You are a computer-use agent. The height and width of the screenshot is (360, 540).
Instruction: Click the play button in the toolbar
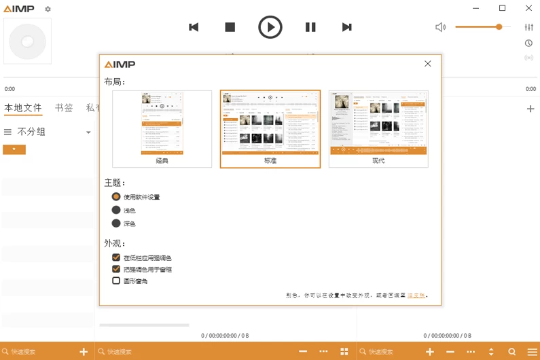pyautogui.click(x=270, y=27)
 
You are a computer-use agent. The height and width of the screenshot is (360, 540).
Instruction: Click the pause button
pyautogui.click(x=310, y=27)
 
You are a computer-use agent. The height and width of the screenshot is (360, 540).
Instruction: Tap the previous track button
pyautogui.click(x=194, y=27)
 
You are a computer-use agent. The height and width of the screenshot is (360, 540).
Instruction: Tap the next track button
pyautogui.click(x=346, y=27)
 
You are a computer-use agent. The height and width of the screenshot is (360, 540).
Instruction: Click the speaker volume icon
pyautogui.click(x=440, y=27)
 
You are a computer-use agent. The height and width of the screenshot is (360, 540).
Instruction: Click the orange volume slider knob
pyautogui.click(x=499, y=26)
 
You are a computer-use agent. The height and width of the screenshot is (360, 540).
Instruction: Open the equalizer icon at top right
pyautogui.click(x=529, y=27)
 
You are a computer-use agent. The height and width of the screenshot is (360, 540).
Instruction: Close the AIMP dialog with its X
pyautogui.click(x=428, y=64)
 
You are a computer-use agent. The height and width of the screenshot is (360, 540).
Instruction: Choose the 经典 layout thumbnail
pyautogui.click(x=162, y=128)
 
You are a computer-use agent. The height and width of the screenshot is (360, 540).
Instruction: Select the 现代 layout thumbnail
pyautogui.click(x=378, y=128)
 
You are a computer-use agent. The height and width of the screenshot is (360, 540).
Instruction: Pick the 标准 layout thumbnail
pyautogui.click(x=270, y=128)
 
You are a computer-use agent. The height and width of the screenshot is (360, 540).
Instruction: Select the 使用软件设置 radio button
pyautogui.click(x=116, y=196)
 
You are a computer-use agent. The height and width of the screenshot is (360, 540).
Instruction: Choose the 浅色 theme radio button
pyautogui.click(x=116, y=210)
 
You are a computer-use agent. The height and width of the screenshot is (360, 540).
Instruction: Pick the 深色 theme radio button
pyautogui.click(x=116, y=223)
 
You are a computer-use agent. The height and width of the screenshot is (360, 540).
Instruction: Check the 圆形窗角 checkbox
pyautogui.click(x=116, y=281)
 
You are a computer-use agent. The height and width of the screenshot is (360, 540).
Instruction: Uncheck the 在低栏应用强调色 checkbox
pyautogui.click(x=116, y=257)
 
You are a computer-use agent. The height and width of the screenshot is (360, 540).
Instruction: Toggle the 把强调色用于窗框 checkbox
pyautogui.click(x=116, y=269)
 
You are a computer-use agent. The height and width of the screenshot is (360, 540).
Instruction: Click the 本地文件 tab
pyautogui.click(x=23, y=107)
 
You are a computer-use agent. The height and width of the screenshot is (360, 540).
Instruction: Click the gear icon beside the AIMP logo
pyautogui.click(x=48, y=9)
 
